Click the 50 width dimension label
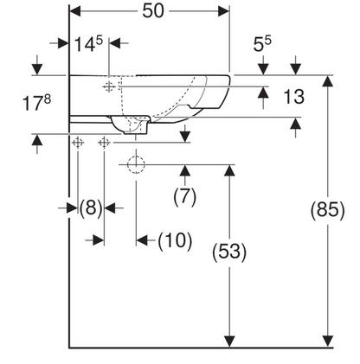(x=153, y=11)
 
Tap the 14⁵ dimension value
(x=88, y=44)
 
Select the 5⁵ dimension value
(x=262, y=43)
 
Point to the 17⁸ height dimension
(x=36, y=103)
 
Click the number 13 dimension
(x=294, y=97)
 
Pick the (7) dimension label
(x=185, y=197)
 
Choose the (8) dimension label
(x=91, y=208)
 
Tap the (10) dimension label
(x=175, y=240)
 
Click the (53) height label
(x=229, y=252)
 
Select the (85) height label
(x=328, y=209)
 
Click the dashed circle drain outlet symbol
(x=136, y=164)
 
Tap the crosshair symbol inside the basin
(x=109, y=86)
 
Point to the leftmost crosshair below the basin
(x=78, y=143)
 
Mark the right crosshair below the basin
(x=104, y=143)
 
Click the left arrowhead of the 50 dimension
(x=75, y=11)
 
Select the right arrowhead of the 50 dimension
(x=223, y=11)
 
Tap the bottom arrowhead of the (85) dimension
(x=328, y=342)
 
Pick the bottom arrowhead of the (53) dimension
(x=229, y=342)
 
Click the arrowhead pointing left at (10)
(x=142, y=240)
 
